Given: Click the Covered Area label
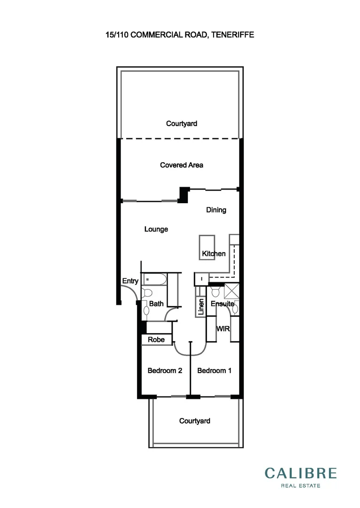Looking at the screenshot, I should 181,165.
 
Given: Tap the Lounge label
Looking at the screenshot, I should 156,230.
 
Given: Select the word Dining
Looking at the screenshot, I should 216,210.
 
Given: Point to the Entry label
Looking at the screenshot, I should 130,281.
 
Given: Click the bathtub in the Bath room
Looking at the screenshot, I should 154,279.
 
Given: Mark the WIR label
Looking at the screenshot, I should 223,329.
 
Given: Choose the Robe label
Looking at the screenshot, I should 156,340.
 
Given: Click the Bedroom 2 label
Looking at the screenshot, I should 165,371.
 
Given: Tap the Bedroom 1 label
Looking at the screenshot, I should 214,371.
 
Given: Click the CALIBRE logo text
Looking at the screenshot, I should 301,473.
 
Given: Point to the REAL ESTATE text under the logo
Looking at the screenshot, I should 301,485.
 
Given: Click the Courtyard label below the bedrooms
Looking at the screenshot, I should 194,421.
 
